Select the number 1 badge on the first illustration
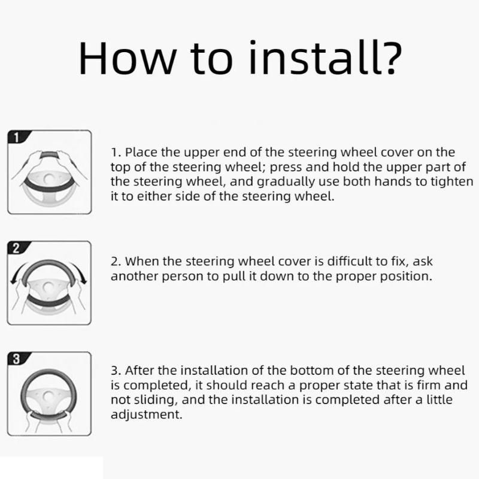tap(16, 137)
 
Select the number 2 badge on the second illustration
tap(16, 248)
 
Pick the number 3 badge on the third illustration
tap(16, 359)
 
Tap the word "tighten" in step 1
tap(452, 181)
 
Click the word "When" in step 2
tap(142, 262)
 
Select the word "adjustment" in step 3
tap(146, 414)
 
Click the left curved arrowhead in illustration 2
tap(13, 280)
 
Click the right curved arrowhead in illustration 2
tap(84, 280)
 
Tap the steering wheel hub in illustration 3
tap(48, 396)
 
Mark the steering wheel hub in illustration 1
tap(49, 178)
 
